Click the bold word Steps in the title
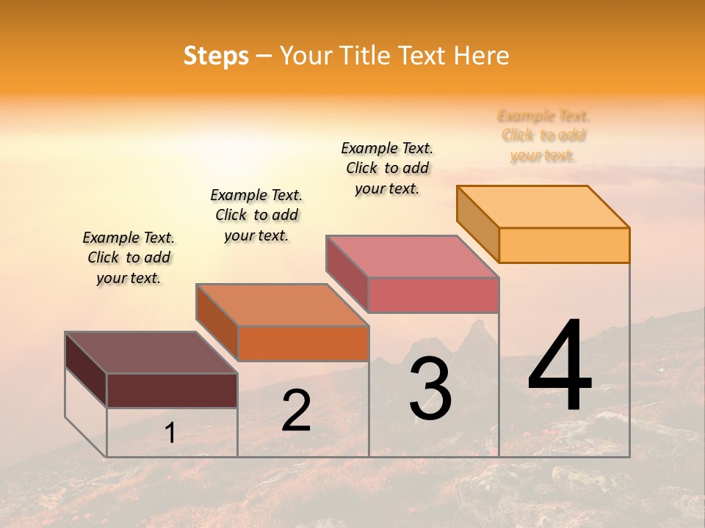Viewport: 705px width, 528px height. click(x=216, y=56)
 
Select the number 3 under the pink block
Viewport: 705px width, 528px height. click(x=430, y=389)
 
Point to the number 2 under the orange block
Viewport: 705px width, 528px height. click(x=297, y=411)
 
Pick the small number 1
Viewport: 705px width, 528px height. click(x=170, y=433)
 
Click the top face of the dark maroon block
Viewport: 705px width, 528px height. click(x=151, y=352)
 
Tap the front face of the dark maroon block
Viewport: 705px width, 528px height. click(x=172, y=390)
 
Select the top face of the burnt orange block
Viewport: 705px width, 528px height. click(x=282, y=304)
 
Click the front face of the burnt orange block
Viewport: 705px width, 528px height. click(x=303, y=343)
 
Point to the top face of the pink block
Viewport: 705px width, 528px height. click(x=412, y=256)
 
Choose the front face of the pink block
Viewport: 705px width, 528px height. click(x=433, y=295)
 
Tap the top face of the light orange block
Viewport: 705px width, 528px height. click(x=543, y=206)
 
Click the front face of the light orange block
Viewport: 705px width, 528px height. click(x=564, y=245)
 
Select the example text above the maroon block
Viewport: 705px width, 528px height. click(x=129, y=257)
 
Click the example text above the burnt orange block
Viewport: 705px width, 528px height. click(x=256, y=215)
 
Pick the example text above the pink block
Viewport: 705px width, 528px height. click(x=387, y=168)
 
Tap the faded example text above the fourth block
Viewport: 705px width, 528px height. click(x=543, y=136)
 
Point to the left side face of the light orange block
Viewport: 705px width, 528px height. click(x=477, y=224)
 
